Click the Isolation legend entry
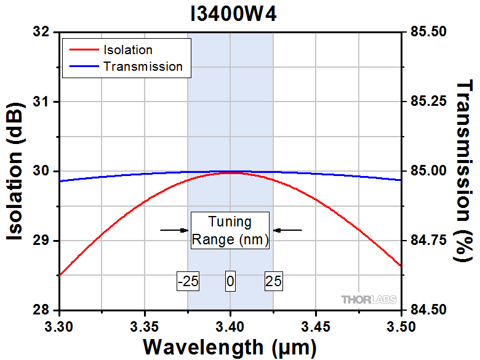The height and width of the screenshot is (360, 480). [x=127, y=50]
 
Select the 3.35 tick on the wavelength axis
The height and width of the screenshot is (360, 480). [x=145, y=324]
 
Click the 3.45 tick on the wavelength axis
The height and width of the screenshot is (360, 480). [x=316, y=324]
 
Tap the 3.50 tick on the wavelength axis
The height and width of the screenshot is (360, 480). [x=401, y=324]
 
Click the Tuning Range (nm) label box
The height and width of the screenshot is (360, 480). [x=230, y=230]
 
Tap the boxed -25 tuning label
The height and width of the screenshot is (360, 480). [x=188, y=282]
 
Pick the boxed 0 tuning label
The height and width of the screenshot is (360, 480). [x=230, y=282]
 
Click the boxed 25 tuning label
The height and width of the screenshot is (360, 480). [x=273, y=282]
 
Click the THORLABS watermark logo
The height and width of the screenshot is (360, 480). [x=369, y=300]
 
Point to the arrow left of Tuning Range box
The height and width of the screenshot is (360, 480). [x=174, y=230]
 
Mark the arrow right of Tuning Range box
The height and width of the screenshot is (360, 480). [x=287, y=230]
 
